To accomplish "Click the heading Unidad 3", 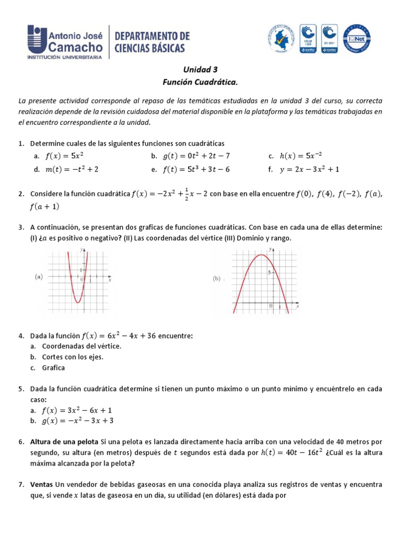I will pos(200,69).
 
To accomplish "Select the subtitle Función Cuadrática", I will pos(200,82).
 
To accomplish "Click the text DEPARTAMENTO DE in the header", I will pos(152,36).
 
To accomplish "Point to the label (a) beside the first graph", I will pos(39,277).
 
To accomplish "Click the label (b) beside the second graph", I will pos(217,278).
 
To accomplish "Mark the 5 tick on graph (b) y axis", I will pos(268,273).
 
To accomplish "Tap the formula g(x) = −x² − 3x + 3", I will pos(79,421).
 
